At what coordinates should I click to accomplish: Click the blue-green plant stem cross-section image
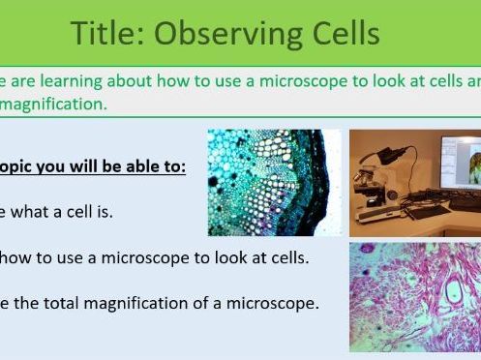266,183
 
